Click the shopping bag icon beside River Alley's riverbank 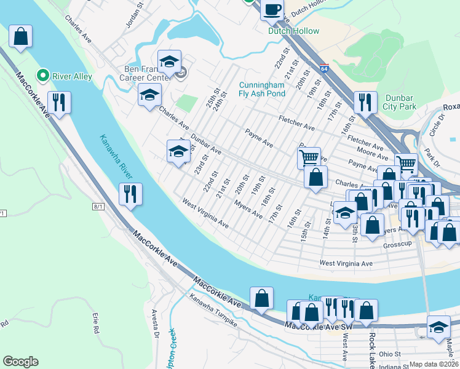[x=20, y=36]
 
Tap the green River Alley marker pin [x=42, y=76]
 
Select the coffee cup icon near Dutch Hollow [x=272, y=9]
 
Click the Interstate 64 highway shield [x=323, y=68]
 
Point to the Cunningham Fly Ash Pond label [x=263, y=89]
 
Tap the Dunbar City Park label [x=400, y=101]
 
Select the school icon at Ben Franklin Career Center [x=169, y=61]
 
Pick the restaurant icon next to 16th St [x=365, y=102]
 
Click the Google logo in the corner [x=20, y=362]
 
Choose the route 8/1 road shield [x=98, y=207]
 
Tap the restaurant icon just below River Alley [x=59, y=103]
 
